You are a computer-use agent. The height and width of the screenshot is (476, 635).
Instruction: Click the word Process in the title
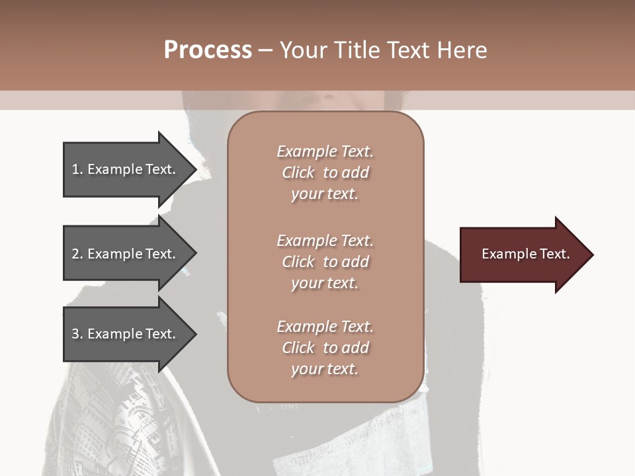tap(208, 50)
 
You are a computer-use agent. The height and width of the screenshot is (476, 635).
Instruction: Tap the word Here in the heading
tap(460, 50)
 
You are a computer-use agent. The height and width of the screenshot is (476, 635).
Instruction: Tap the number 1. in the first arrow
tap(77, 169)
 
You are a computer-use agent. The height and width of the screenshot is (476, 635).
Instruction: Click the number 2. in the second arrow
tap(77, 254)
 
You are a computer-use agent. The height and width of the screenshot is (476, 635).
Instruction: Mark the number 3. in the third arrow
tap(77, 334)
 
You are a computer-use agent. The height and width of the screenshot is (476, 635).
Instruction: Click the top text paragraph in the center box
tap(325, 173)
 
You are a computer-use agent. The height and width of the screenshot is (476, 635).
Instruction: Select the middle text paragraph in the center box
tap(325, 262)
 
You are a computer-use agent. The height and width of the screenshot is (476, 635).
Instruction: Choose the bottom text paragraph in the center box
tap(325, 348)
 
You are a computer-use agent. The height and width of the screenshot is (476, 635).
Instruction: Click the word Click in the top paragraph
tap(298, 173)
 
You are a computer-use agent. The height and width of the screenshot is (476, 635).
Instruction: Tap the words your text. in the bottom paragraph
tap(325, 369)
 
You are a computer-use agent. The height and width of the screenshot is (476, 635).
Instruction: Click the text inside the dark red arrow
tap(526, 254)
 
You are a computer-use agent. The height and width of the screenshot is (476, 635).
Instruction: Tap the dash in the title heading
tap(265, 51)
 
